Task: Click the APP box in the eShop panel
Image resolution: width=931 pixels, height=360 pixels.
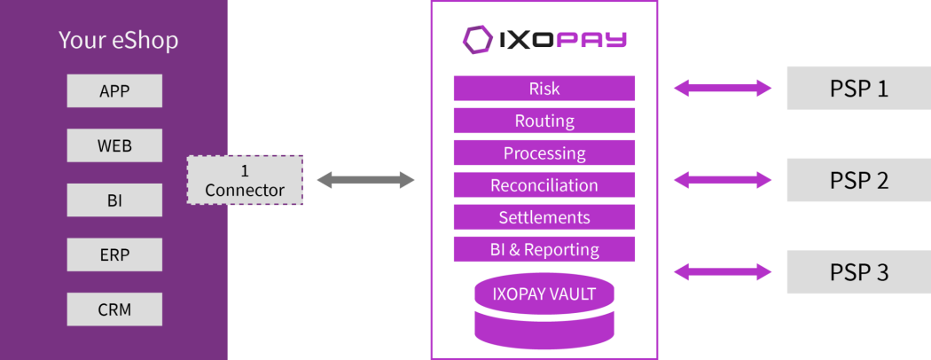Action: coord(114,90)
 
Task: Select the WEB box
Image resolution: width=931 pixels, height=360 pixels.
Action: coord(114,145)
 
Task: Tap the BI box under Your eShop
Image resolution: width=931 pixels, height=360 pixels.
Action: coord(114,200)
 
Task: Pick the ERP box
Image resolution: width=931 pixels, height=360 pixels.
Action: coord(114,255)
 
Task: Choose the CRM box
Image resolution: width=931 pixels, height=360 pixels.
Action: coord(114,310)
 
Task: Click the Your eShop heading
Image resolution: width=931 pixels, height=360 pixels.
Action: coord(118,40)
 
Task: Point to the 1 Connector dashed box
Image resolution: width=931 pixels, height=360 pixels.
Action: coord(245,180)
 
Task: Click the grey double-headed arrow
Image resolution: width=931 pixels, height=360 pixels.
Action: coord(365,181)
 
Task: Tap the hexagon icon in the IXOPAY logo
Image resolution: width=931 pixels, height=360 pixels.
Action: coord(477,39)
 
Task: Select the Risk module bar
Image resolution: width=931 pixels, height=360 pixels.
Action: coord(544,89)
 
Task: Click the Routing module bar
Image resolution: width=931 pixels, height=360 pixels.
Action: coord(544,121)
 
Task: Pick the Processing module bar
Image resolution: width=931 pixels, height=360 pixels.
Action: coord(544,153)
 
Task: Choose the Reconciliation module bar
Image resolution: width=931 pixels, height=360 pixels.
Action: coord(544,185)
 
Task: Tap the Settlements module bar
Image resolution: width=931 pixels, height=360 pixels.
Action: coord(544,217)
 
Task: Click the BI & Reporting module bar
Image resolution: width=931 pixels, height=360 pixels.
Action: coord(544,249)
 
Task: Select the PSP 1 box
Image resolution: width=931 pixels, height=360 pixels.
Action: coord(858,89)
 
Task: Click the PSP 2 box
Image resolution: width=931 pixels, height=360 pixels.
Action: coord(858,180)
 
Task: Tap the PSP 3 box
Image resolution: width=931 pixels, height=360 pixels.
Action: coord(858,272)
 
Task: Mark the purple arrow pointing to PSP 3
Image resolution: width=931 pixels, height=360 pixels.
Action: coord(723,272)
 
